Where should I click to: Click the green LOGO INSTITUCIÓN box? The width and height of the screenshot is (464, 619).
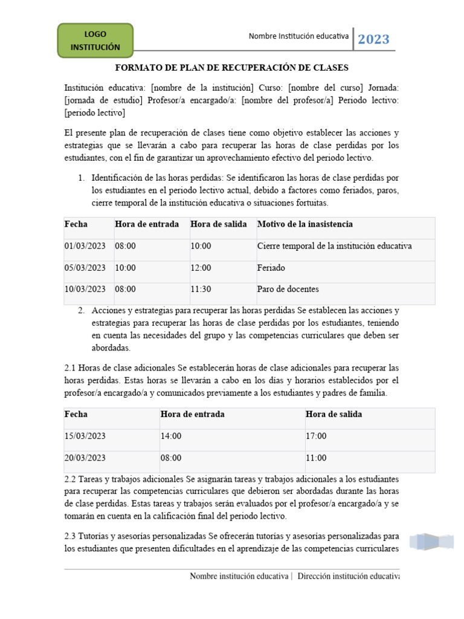95,41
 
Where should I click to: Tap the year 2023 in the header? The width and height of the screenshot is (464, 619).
373,40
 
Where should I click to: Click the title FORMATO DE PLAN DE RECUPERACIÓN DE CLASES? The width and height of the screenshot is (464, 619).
232,68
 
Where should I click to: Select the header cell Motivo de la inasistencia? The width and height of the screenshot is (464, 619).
305,224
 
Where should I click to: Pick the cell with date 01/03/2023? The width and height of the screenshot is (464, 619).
85,246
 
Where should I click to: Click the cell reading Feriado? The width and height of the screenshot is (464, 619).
271,268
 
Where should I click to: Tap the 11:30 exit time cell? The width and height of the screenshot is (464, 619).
201,289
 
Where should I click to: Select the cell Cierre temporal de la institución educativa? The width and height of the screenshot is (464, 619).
334,246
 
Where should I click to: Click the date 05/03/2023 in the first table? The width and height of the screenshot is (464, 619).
85,268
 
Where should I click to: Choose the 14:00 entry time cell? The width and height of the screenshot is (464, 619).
171,436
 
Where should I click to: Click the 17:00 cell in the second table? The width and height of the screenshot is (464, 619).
316,436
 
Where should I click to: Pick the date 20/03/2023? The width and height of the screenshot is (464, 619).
85,458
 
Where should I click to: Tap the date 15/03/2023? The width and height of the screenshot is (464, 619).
85,436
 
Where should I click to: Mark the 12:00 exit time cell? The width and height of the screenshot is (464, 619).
201,268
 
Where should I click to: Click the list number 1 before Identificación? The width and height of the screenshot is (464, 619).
81,178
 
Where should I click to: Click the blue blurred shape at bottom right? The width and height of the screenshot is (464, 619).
431,541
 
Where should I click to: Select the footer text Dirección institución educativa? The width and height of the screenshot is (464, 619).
349,576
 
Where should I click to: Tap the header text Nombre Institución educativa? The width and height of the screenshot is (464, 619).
298,36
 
